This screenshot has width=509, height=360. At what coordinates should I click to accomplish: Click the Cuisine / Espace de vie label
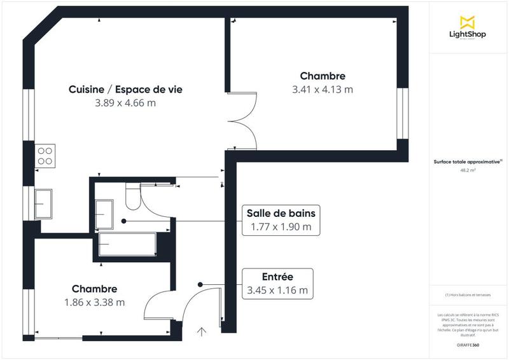(125, 90)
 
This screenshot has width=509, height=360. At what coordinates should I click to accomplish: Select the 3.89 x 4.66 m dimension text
(125, 103)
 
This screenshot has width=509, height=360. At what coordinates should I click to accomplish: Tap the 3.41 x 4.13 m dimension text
(322, 90)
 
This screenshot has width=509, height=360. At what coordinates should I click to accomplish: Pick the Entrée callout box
(277, 283)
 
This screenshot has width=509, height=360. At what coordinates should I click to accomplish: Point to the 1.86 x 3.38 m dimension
(94, 302)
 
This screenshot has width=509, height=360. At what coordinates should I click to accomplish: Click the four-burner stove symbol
(46, 155)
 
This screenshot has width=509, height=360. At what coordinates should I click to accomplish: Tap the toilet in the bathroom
(132, 197)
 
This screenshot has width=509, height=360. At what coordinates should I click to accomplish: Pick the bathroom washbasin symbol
(104, 213)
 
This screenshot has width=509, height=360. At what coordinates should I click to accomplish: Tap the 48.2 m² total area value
(468, 170)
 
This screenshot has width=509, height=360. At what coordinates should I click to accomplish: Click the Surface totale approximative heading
(468, 162)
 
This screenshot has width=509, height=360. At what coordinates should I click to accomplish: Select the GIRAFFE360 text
(468, 344)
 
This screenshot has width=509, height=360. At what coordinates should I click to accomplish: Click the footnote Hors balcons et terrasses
(468, 295)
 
